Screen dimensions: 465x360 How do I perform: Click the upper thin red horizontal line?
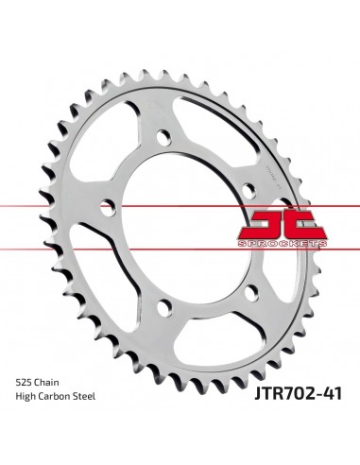point(180,204)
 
